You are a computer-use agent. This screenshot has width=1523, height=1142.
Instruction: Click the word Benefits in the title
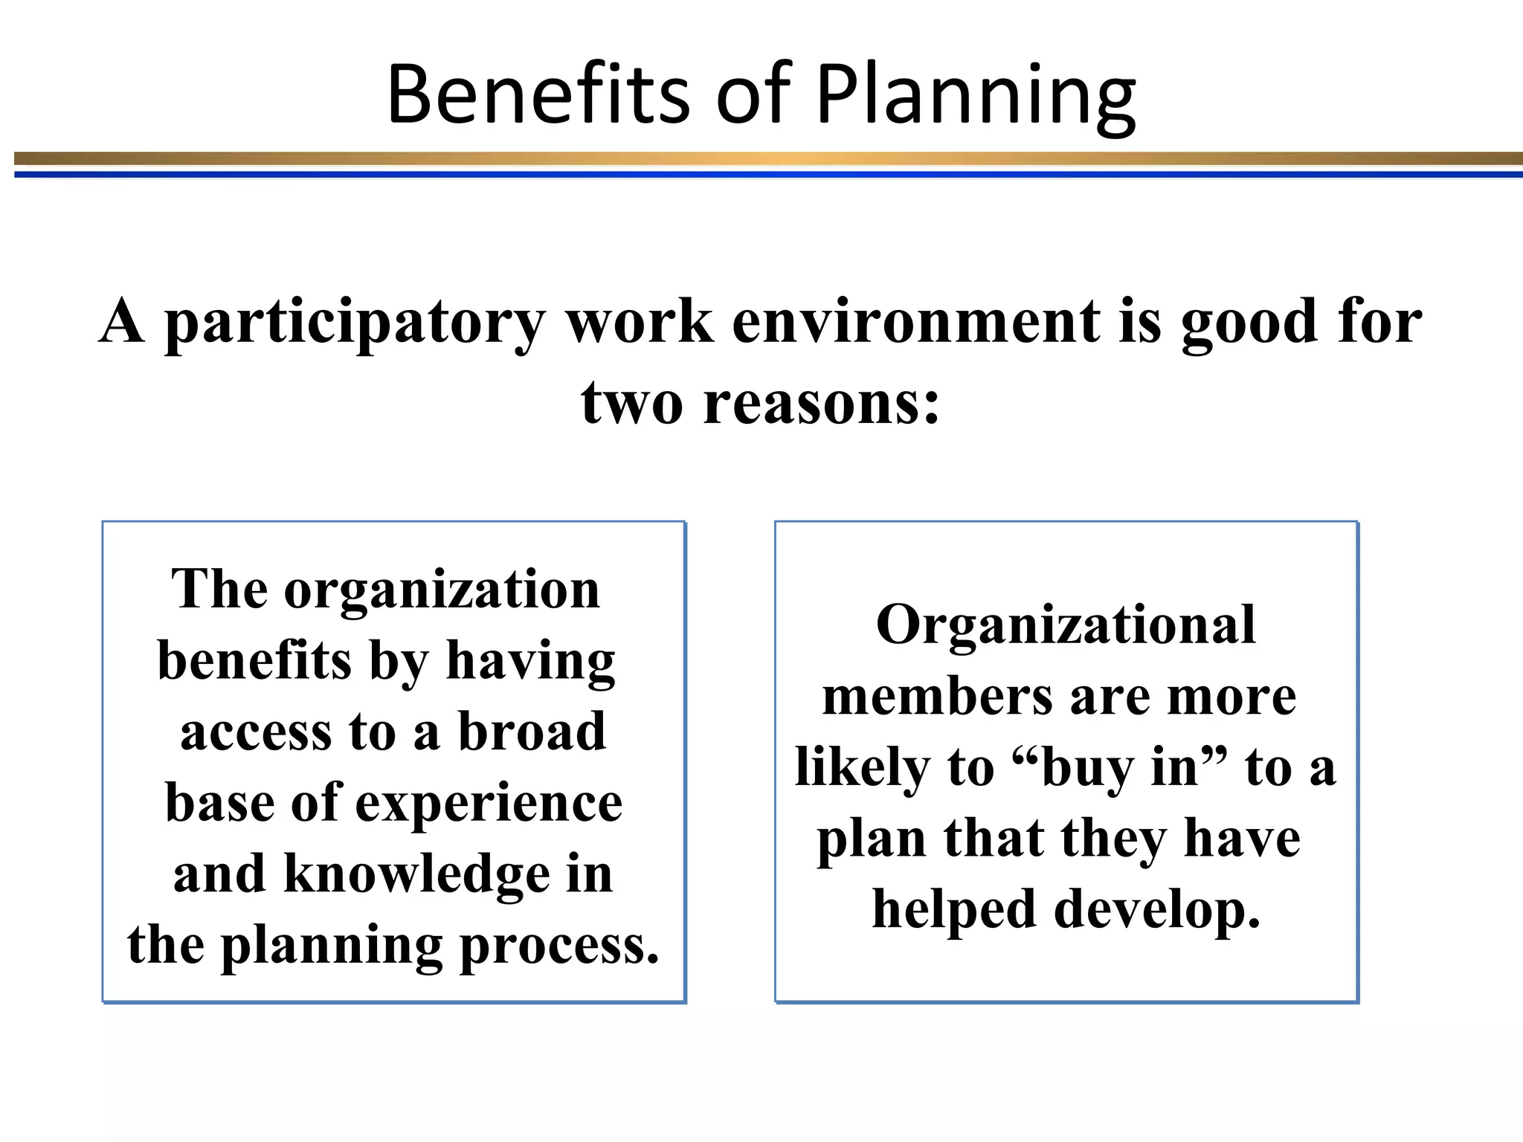coord(539,94)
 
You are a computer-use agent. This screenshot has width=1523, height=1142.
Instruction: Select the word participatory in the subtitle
coord(355,323)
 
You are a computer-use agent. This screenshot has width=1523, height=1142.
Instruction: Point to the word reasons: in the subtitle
coord(822,403)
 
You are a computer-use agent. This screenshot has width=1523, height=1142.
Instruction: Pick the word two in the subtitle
coord(631,403)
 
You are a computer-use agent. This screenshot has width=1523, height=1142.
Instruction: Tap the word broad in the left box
coord(532,732)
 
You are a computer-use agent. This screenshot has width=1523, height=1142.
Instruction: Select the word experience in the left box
coord(489,804)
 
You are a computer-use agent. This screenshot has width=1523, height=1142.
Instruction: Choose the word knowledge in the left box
coord(417,874)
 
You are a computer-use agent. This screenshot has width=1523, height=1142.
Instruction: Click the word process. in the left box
coord(559,946)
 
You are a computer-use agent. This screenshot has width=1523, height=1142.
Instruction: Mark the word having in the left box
coord(530,661)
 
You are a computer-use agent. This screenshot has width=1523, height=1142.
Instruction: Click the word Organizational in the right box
coord(1066,625)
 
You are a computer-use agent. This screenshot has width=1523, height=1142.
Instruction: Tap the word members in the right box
coord(938,697)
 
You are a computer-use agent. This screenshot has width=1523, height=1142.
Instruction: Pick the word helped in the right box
coord(954,910)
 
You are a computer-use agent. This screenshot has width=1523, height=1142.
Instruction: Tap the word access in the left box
coord(255,732)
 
